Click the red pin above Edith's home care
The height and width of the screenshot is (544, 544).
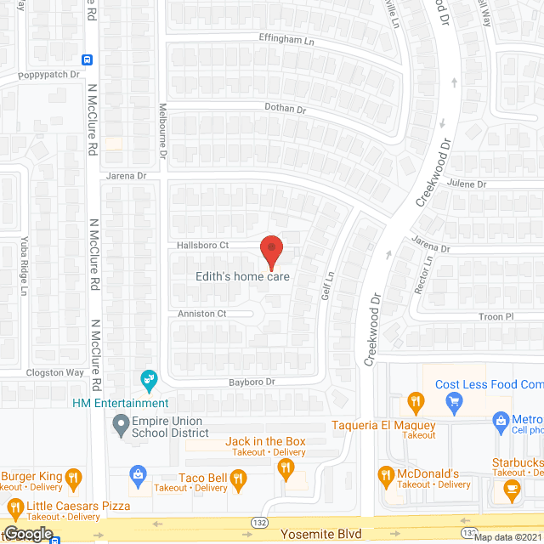[270, 250]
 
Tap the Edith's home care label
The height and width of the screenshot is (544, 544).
[243, 277]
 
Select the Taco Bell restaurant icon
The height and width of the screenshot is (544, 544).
[238, 482]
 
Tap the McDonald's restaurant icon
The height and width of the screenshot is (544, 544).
[387, 474]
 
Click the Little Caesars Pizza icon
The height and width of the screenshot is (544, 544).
[14, 510]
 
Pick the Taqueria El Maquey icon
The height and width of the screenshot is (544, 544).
[415, 400]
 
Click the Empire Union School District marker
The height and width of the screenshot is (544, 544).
[119, 422]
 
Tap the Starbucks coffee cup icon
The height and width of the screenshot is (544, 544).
[511, 487]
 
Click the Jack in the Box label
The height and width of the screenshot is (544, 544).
[265, 441]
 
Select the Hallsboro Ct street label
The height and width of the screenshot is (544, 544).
[203, 246]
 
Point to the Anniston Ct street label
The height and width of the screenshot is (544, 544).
[202, 314]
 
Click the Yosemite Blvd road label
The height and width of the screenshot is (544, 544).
[324, 534]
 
